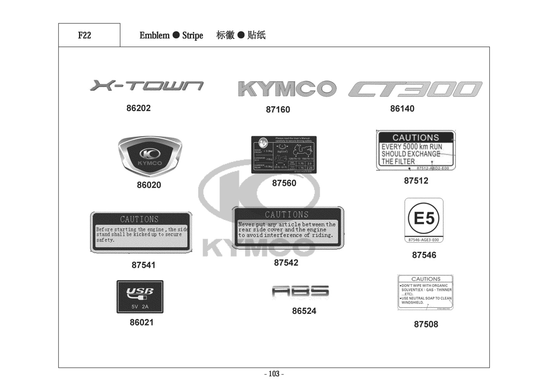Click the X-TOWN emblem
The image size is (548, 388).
[x=146, y=85]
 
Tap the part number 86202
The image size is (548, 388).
[x=138, y=108]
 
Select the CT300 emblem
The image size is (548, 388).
[x=415, y=89]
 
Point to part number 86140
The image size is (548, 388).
[x=402, y=109]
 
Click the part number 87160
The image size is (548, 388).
[x=278, y=110]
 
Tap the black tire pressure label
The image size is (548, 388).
[x=284, y=154]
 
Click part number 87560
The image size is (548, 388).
[x=284, y=183]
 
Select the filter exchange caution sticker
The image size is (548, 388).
[x=416, y=151]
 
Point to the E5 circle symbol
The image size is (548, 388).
[x=424, y=218]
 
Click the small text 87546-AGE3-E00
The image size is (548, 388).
[x=424, y=240]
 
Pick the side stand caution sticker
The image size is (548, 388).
[x=141, y=232]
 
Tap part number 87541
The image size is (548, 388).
[x=143, y=265]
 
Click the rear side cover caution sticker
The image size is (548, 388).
[x=287, y=227]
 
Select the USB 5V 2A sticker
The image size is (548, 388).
[x=140, y=297]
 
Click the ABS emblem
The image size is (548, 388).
[x=301, y=292]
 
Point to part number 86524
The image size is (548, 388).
[x=304, y=311]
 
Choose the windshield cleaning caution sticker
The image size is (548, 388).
[x=425, y=292]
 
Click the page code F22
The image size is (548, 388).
[x=84, y=35]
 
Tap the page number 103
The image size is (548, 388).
[x=274, y=374]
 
